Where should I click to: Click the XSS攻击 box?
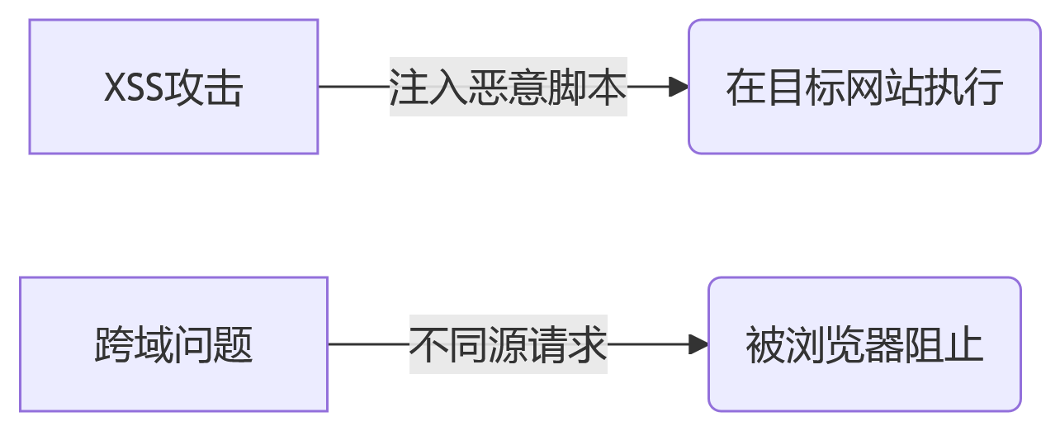tap(173, 87)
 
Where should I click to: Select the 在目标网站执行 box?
tap(864, 87)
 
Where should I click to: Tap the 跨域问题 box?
tap(173, 344)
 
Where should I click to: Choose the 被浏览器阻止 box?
tap(864, 344)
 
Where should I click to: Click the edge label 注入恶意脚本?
tap(508, 87)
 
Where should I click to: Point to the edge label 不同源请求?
tap(508, 344)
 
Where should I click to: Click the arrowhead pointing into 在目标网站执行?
tap(679, 87)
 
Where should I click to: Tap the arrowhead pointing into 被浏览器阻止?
tap(698, 344)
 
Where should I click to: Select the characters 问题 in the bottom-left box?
tap(213, 345)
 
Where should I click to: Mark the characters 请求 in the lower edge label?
tap(568, 344)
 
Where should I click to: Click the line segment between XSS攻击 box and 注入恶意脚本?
tap(353, 87)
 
